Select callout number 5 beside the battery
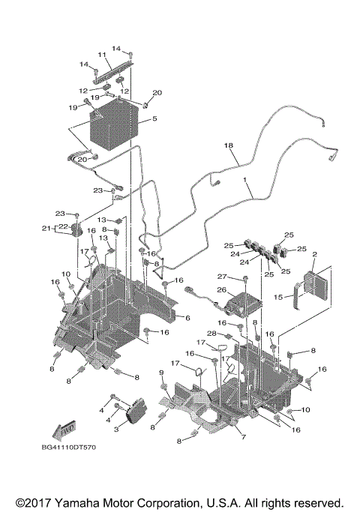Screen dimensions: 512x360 154,118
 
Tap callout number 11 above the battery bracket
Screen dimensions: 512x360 102,55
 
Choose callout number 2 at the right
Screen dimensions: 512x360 313,255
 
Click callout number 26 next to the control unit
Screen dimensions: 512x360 221,289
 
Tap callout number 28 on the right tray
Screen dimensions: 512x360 212,333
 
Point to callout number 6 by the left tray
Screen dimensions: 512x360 187,319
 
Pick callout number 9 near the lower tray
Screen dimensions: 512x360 160,373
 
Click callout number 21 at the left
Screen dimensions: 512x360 46,228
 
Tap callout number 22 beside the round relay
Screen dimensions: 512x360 63,226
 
